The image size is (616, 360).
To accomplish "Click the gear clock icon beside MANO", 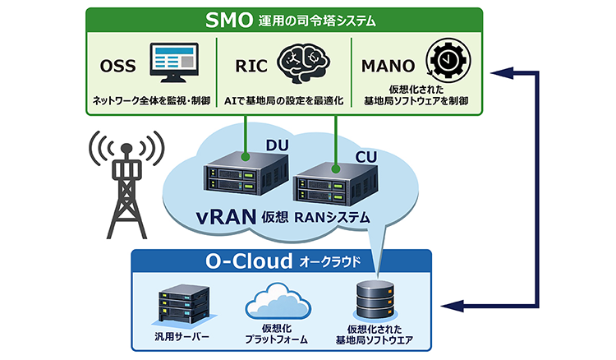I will pyautogui.click(x=441, y=62).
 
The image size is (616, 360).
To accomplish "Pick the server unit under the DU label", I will pyautogui.click(x=245, y=179).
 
